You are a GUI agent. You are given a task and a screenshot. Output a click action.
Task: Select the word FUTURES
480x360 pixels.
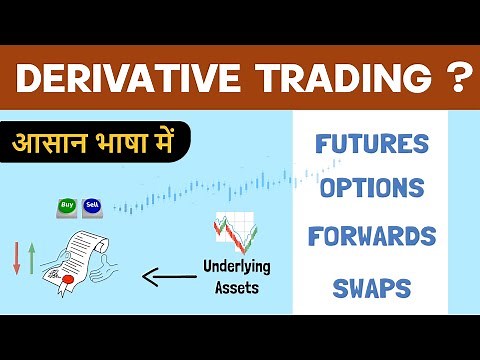click(x=371, y=143)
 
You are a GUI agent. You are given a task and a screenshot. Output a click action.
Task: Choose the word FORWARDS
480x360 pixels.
click(x=371, y=237)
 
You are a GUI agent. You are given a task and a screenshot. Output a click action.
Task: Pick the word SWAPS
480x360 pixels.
click(x=371, y=288)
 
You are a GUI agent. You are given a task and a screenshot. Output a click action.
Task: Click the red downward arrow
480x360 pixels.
click(x=16, y=259)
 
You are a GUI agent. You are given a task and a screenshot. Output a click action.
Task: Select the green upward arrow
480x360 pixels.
click(x=32, y=259)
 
